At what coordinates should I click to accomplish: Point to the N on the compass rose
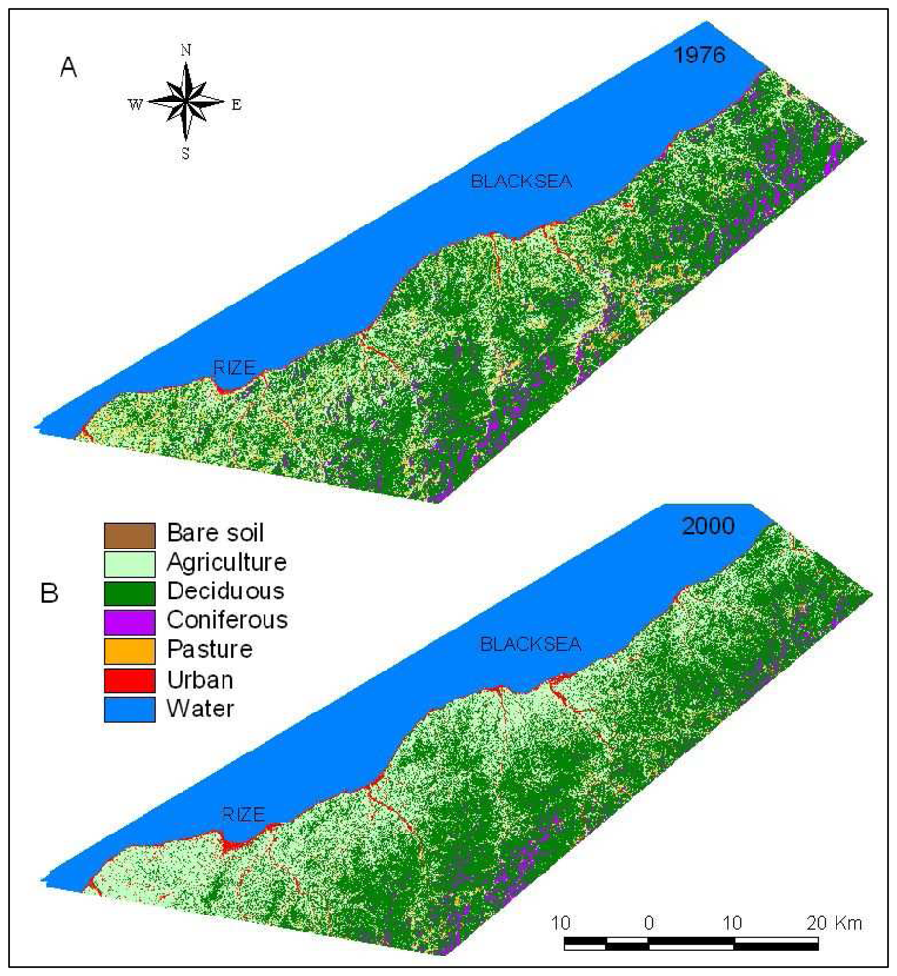[x=186, y=49]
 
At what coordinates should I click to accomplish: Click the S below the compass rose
[x=185, y=152]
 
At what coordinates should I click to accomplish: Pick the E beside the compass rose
[x=236, y=104]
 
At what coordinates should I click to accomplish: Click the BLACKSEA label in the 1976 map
[x=508, y=181]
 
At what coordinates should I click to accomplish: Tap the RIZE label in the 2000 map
[x=243, y=815]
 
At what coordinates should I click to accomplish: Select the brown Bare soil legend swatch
[x=130, y=535]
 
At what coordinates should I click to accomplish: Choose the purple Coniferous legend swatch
[x=130, y=621]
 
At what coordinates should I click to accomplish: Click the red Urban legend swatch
[x=130, y=678]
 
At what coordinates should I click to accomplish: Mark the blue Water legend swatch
[x=130, y=708]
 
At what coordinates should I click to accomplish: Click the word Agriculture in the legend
[x=226, y=563]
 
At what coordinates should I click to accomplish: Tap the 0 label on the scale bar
[x=648, y=922]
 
